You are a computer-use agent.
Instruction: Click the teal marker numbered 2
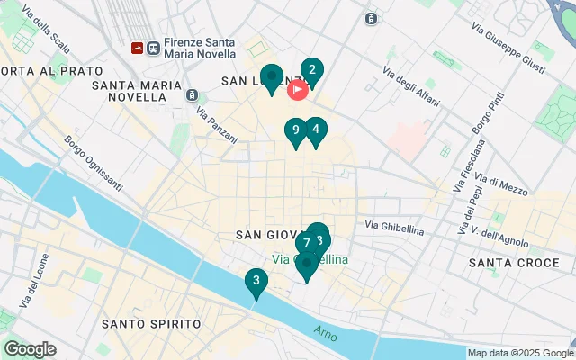coord(311,70)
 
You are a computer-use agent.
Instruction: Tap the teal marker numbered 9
coord(295,130)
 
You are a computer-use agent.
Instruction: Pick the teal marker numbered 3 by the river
coord(256,282)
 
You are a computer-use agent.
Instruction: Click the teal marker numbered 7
coord(306,243)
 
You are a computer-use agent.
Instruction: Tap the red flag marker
coord(297,90)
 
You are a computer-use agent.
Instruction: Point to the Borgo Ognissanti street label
coord(93,163)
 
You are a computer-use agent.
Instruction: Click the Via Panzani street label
coord(216,127)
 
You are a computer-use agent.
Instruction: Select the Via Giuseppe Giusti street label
coord(519,53)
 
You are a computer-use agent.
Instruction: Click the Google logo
coord(30,349)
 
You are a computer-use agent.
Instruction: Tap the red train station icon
coord(138,48)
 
